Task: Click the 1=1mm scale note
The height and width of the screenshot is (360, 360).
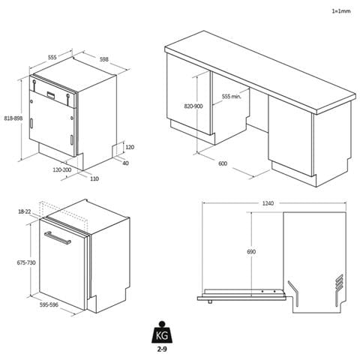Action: click(341, 11)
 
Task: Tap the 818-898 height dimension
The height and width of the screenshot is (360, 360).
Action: click(13, 118)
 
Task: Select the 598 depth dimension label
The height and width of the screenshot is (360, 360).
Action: click(104, 59)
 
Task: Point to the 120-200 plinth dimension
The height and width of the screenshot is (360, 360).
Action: click(62, 169)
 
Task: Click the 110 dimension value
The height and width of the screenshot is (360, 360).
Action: click(94, 178)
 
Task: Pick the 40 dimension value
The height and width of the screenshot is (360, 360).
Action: click(125, 163)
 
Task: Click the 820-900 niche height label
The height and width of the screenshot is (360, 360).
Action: click(193, 106)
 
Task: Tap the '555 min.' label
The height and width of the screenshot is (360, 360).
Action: click(232, 96)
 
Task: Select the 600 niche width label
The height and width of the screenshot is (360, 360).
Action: click(223, 163)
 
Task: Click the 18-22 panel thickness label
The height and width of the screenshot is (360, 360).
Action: click(25, 211)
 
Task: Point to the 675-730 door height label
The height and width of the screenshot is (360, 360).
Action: click(26, 262)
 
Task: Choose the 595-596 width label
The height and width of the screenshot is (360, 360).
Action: click(49, 304)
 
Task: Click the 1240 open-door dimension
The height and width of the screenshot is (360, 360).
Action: click(268, 203)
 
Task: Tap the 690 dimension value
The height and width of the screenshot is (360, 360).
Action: click(251, 251)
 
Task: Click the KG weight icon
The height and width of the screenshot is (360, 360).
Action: click(162, 333)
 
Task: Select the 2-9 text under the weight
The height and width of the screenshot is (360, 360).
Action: click(162, 349)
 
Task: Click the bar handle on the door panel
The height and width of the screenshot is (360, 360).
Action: click(58, 238)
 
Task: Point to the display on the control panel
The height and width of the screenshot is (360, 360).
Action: click(52, 95)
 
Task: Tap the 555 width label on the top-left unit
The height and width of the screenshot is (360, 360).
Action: click(52, 57)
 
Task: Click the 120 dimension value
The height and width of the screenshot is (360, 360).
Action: click(130, 147)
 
